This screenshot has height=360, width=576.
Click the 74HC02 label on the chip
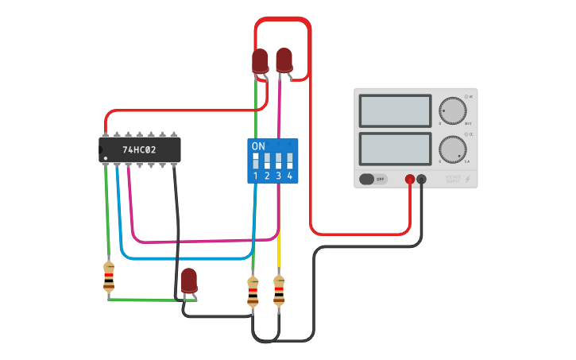139,149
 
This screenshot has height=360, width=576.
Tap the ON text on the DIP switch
258,146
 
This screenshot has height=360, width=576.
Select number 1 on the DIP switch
256,176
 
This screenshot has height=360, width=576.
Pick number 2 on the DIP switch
267,176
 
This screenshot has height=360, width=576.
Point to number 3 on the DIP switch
278,176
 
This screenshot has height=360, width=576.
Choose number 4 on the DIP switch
289,176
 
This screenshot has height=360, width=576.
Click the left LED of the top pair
260,61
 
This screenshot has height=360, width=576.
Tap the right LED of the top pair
284,60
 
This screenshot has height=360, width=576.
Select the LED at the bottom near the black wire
188,281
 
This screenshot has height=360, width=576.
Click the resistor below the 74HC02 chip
109,277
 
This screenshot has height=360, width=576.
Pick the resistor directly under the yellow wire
279,291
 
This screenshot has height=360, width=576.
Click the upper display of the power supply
395,111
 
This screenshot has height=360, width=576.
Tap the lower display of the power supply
395,149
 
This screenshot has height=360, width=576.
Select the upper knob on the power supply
453,111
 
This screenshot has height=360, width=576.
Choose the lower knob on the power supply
453,149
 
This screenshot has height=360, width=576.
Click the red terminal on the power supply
410,180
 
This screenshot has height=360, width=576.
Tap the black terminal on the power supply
422,180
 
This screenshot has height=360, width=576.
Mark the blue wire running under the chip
191,258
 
